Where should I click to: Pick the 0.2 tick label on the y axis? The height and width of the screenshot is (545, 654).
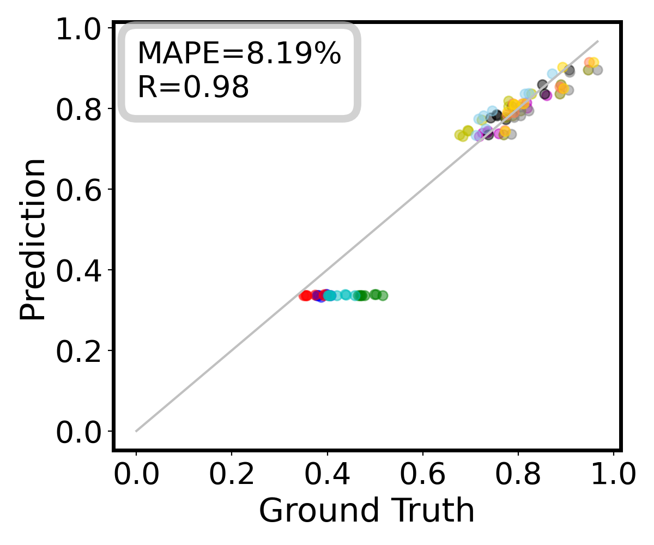click(x=82, y=350)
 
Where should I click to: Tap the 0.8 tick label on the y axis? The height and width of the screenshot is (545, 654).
click(x=82, y=109)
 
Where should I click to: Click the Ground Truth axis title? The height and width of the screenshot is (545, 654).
click(x=366, y=511)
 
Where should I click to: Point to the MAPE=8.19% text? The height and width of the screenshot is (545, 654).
click(x=239, y=53)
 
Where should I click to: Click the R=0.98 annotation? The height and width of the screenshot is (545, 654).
click(x=193, y=87)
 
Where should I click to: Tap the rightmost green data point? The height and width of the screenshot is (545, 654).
click(x=383, y=295)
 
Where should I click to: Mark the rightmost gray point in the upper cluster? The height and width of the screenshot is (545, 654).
click(x=597, y=70)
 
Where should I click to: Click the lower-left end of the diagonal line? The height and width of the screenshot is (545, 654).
click(x=136, y=431)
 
